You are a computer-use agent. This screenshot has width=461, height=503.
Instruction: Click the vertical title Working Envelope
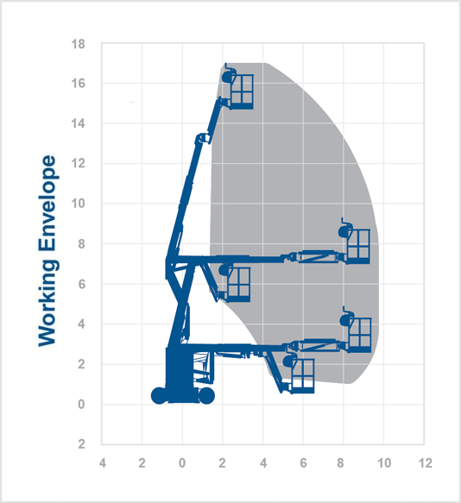(x=47, y=250)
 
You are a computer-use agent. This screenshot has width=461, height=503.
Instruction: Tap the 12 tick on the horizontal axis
(x=424, y=463)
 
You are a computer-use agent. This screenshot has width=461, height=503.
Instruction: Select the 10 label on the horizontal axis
(x=383, y=463)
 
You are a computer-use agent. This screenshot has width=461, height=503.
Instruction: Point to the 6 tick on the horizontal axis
(x=303, y=463)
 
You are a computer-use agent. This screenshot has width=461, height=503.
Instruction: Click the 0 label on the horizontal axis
(x=182, y=463)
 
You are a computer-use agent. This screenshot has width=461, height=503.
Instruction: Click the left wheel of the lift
(x=159, y=396)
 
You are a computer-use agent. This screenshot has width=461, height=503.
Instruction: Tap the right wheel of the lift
(x=205, y=396)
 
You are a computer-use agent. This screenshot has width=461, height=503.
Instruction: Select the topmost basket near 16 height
(x=241, y=91)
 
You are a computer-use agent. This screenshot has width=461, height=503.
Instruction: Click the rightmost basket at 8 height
(x=357, y=245)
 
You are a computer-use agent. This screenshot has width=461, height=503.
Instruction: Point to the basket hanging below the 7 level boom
(x=237, y=283)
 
